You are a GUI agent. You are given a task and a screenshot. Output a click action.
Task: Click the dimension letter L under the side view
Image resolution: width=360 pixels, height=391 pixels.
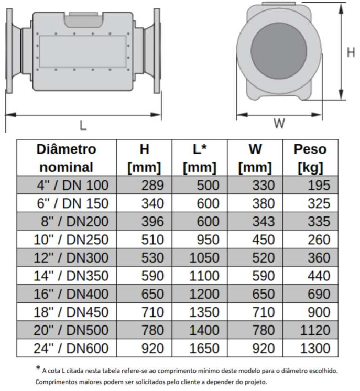tap(83, 125)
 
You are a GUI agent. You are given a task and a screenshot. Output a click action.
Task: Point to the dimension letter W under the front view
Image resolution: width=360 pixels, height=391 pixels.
tap(279, 123)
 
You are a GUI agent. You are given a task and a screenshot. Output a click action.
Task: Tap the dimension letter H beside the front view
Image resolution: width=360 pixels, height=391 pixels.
tap(351, 52)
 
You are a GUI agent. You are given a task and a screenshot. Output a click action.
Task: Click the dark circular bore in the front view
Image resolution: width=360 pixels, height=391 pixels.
tap(279, 51)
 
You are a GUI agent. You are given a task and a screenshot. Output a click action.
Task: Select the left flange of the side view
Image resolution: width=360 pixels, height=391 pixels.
tap(9, 51)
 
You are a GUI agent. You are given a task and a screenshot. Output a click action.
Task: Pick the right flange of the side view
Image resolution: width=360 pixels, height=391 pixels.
tap(157, 51)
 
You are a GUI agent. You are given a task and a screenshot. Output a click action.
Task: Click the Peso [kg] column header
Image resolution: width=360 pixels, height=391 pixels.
tap(310, 158)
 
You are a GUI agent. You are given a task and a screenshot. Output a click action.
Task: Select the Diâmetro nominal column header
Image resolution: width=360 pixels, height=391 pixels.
tap(67, 158)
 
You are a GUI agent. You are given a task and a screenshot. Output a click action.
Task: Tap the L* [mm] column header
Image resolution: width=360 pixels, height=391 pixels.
tap(200, 158)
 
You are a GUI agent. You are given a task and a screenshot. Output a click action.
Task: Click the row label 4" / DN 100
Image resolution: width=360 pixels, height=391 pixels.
tap(72, 185)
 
